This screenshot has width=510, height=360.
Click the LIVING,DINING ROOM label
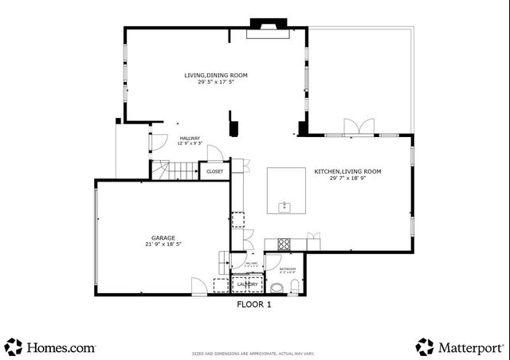(216, 75)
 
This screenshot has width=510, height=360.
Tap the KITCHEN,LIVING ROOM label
(347, 171)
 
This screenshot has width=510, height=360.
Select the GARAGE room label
(163, 238)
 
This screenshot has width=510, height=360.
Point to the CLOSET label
(215, 171)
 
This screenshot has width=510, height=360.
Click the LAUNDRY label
(247, 284)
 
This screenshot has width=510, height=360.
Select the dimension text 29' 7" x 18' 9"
(347, 178)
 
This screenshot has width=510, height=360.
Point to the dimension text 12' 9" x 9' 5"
(190, 143)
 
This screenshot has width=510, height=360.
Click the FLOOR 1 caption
(254, 304)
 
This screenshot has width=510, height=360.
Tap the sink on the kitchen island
(284, 207)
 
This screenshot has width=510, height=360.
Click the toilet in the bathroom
(294, 287)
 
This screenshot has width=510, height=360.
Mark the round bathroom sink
(276, 287)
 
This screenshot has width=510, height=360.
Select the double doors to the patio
(359, 127)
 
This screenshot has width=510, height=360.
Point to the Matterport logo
(460, 347)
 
